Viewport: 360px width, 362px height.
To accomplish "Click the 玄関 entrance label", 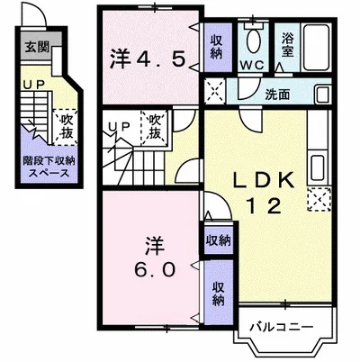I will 37,47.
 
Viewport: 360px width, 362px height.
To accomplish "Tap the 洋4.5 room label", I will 148,59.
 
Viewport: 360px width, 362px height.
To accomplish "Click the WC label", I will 253,66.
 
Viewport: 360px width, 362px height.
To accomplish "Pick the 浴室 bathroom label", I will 288,44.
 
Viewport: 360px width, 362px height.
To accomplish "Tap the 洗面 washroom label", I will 277,94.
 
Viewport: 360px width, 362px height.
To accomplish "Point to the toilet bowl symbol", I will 253,41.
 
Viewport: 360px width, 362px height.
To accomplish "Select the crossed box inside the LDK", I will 319,200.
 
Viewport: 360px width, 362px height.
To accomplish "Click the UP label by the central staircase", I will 118,127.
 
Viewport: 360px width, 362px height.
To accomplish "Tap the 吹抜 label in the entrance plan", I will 65,123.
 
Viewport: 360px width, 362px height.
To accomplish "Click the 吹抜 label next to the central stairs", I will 156,125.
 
